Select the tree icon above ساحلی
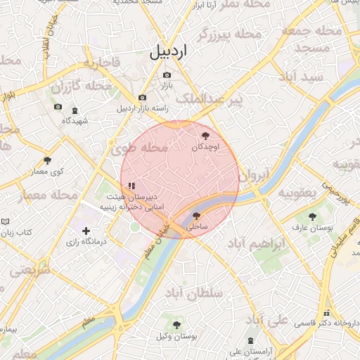pyautogui.click(x=196, y=216)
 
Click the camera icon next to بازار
pyautogui.click(x=160, y=75)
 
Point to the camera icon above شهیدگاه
pyautogui.click(x=58, y=108)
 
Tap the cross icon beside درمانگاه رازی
pyautogui.click(x=86, y=231)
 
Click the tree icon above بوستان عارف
pyautogui.click(x=313, y=216)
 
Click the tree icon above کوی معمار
pyautogui.click(x=47, y=160)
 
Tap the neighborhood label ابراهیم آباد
pyautogui.click(x=257, y=244)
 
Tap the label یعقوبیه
pyautogui.click(x=299, y=192)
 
